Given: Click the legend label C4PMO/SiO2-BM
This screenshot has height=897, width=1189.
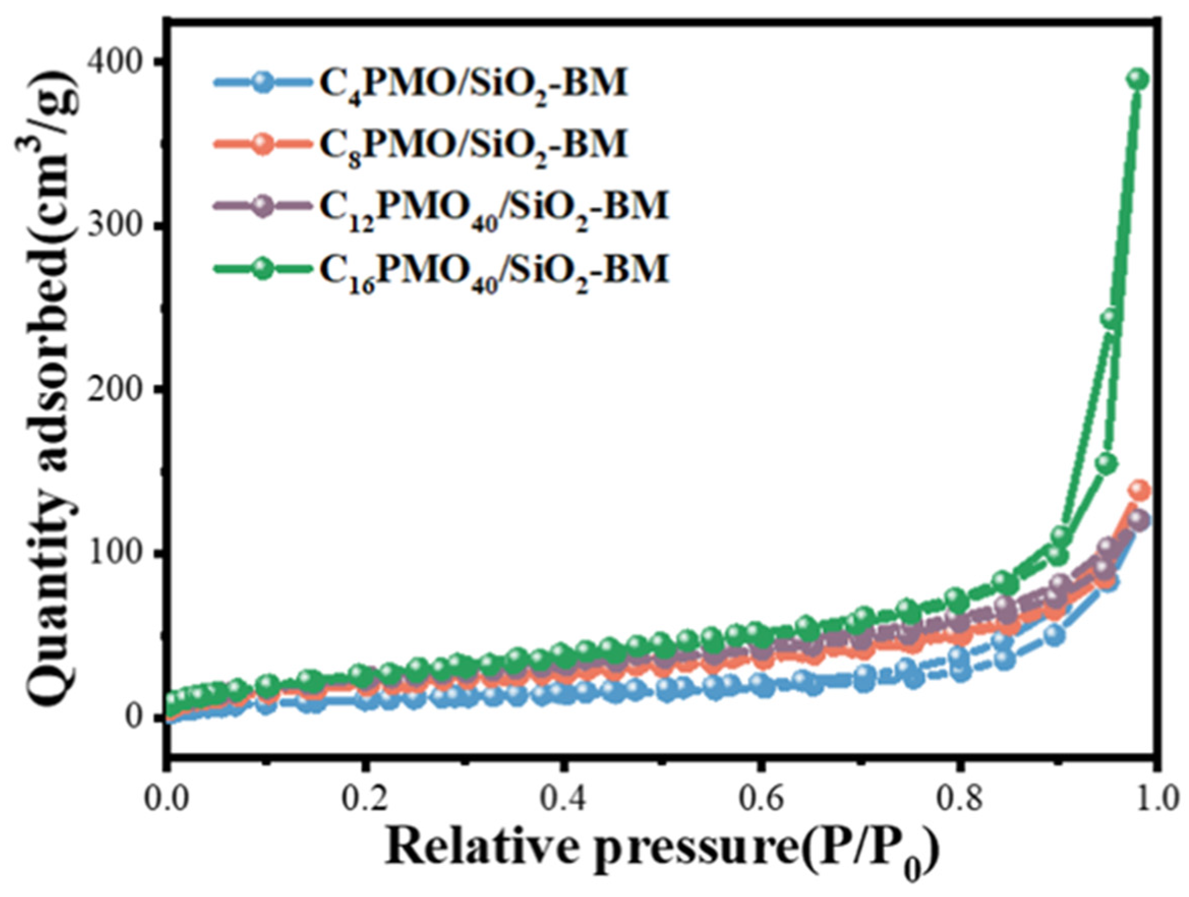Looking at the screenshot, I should (x=473, y=84).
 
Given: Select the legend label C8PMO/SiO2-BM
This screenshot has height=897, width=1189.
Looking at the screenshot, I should (x=473, y=145).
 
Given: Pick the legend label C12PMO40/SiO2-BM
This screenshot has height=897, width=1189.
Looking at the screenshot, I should (x=493, y=207).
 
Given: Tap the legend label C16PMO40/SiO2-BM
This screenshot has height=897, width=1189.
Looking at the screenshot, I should (x=493, y=268).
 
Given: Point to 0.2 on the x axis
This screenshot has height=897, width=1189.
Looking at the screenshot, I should (x=366, y=801).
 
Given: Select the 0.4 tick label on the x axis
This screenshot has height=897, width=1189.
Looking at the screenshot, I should (x=563, y=801).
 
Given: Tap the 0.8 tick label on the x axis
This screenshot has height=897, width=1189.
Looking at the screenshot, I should (x=957, y=801).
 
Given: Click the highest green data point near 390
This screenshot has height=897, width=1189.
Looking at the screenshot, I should (x=1138, y=79).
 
